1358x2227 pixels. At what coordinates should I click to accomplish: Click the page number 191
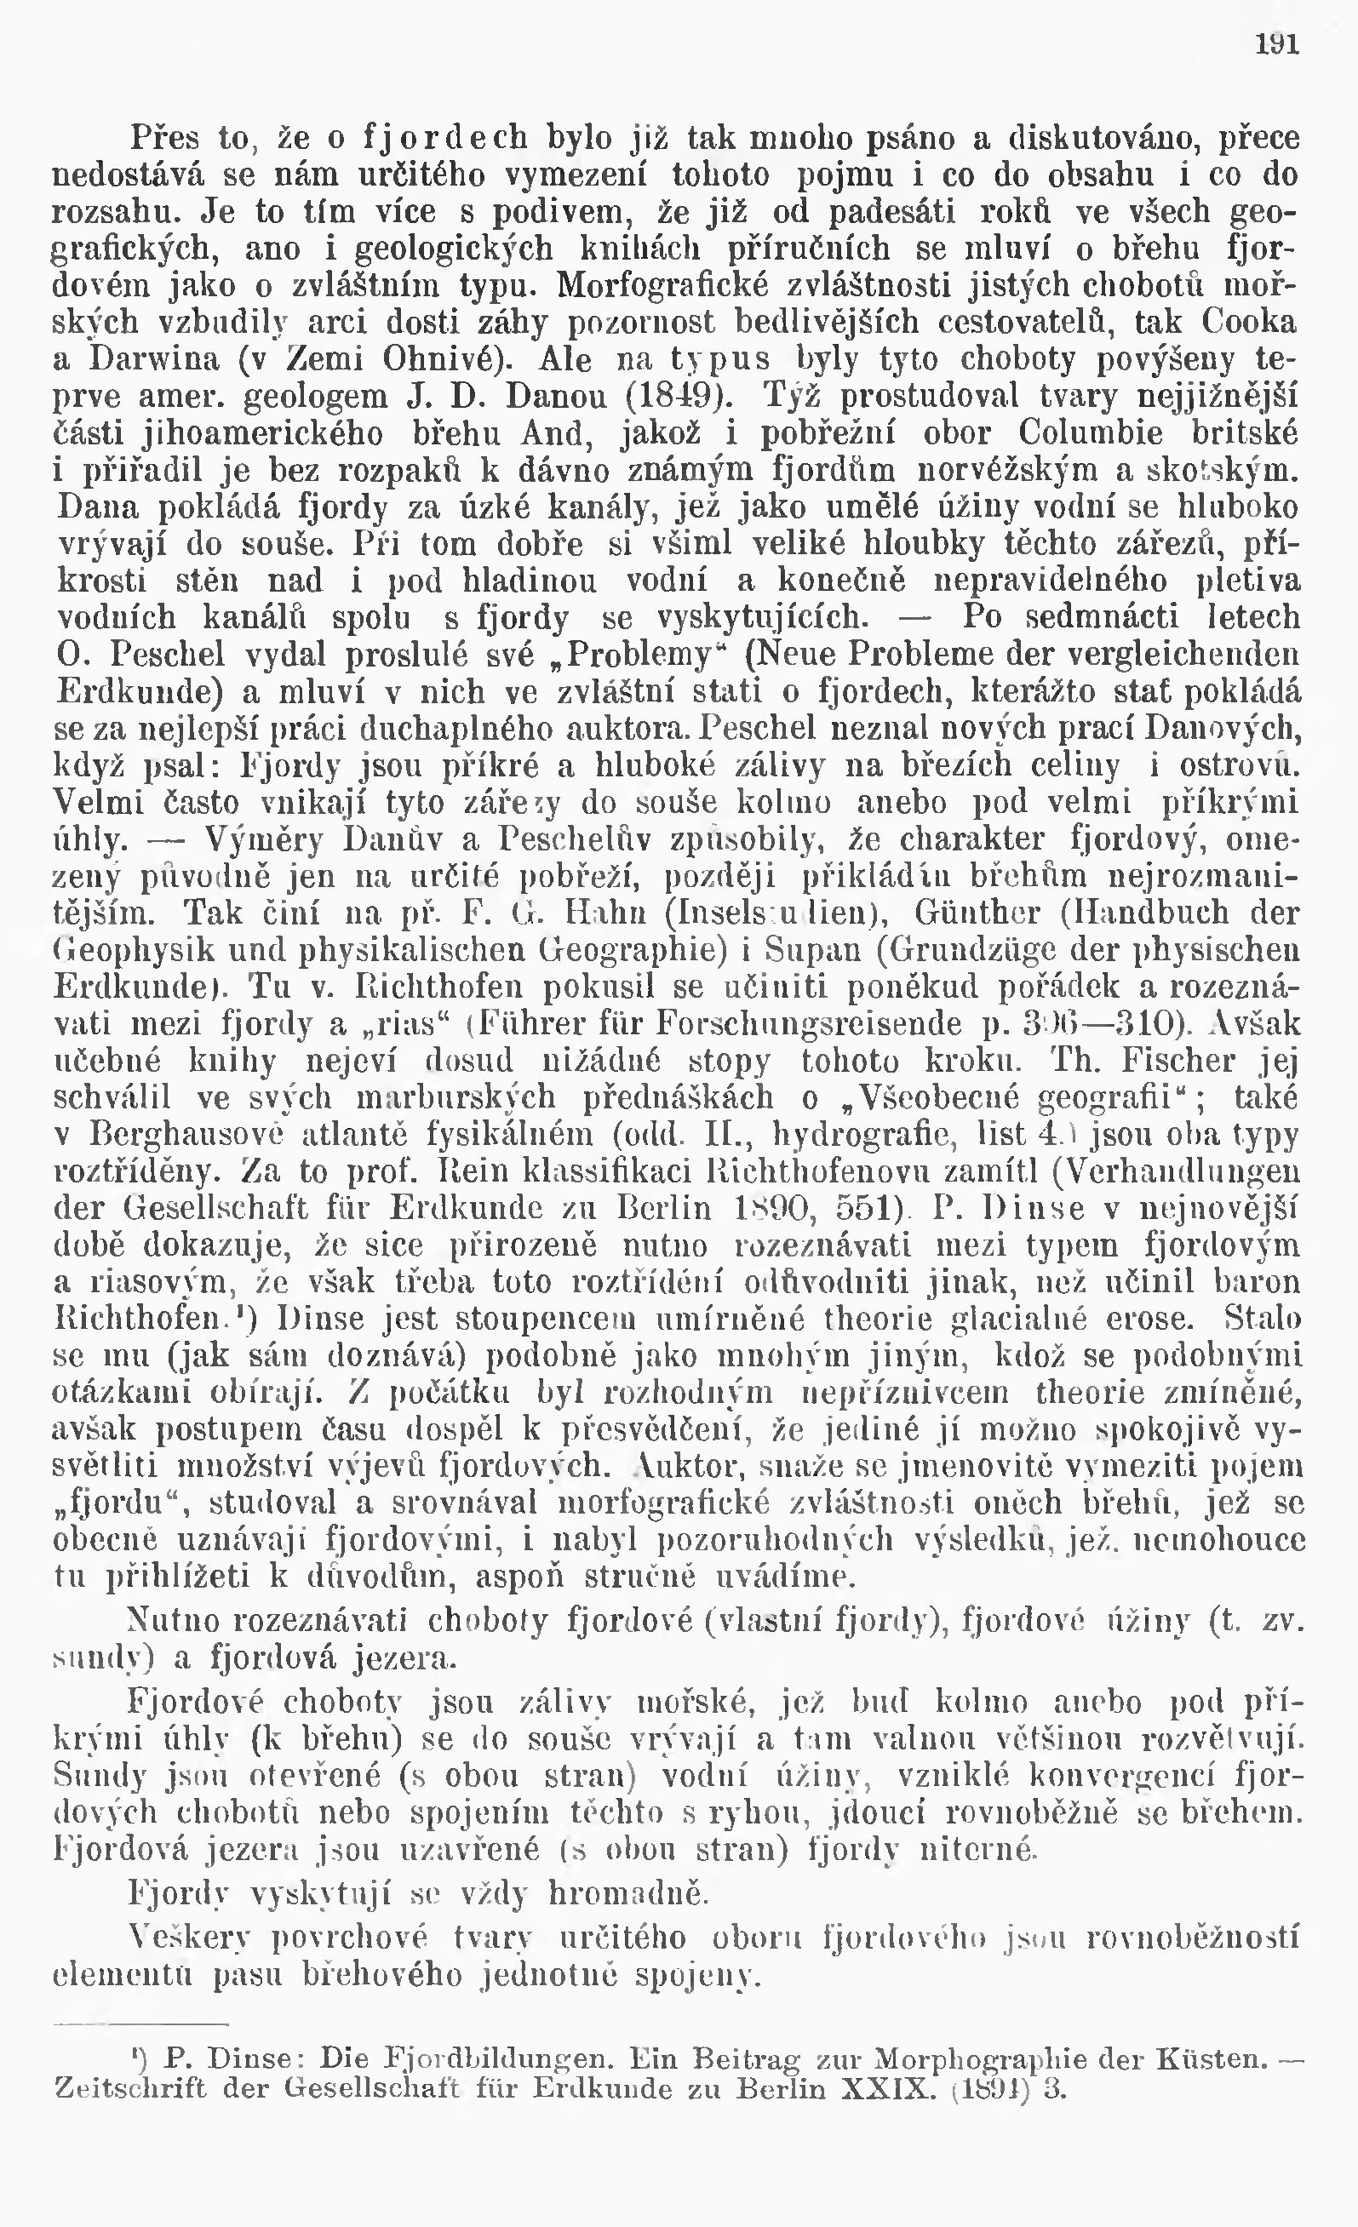point(1276,43)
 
